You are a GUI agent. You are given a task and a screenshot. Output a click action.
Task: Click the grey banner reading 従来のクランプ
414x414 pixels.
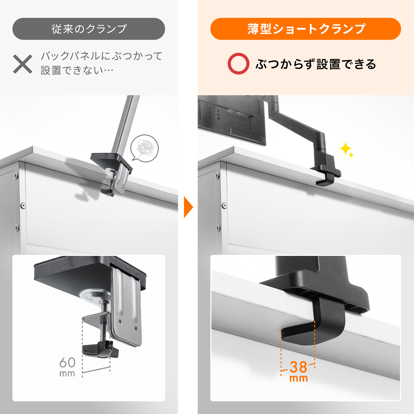(88, 29)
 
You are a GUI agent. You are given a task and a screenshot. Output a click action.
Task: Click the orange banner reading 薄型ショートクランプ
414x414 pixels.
(306, 29)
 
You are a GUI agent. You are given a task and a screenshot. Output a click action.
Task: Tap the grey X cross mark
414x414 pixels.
(23, 64)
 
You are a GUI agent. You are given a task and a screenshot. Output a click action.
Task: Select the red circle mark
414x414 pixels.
(238, 64)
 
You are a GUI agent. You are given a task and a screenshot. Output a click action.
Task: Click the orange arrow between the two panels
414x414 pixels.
(188, 207)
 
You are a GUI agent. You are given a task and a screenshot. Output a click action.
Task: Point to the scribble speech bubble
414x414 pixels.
(144, 148)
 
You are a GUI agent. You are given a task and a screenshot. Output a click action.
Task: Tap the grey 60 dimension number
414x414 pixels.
(68, 363)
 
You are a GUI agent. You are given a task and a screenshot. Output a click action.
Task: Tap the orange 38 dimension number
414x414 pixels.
(298, 367)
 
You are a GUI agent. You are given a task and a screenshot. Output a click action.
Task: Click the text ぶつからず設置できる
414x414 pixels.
(316, 64)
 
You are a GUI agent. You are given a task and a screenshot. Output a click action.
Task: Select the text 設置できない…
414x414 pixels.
(77, 70)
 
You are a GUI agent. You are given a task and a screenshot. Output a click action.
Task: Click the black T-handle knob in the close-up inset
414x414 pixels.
(100, 350)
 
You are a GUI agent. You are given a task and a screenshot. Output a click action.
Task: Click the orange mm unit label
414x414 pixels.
(299, 378)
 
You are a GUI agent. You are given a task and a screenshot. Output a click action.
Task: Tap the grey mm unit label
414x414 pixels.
(67, 374)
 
